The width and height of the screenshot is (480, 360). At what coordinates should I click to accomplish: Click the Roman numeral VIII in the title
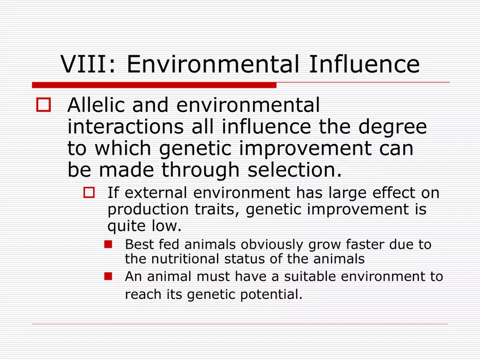[85, 64]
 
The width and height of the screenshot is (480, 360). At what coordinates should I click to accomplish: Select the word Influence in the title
[364, 64]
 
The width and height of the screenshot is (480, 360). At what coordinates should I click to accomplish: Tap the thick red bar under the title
[154, 85]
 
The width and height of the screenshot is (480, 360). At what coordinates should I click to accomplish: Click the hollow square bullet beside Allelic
[44, 105]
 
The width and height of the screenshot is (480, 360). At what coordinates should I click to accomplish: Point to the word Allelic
[95, 105]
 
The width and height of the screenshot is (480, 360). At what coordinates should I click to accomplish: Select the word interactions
[125, 127]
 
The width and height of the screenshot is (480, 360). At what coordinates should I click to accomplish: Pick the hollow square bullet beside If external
[89, 193]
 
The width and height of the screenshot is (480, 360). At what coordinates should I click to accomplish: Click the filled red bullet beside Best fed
[108, 244]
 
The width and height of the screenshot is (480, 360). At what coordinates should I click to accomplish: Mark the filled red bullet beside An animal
[108, 277]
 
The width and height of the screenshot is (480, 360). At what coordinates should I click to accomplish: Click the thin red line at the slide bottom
[240, 324]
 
